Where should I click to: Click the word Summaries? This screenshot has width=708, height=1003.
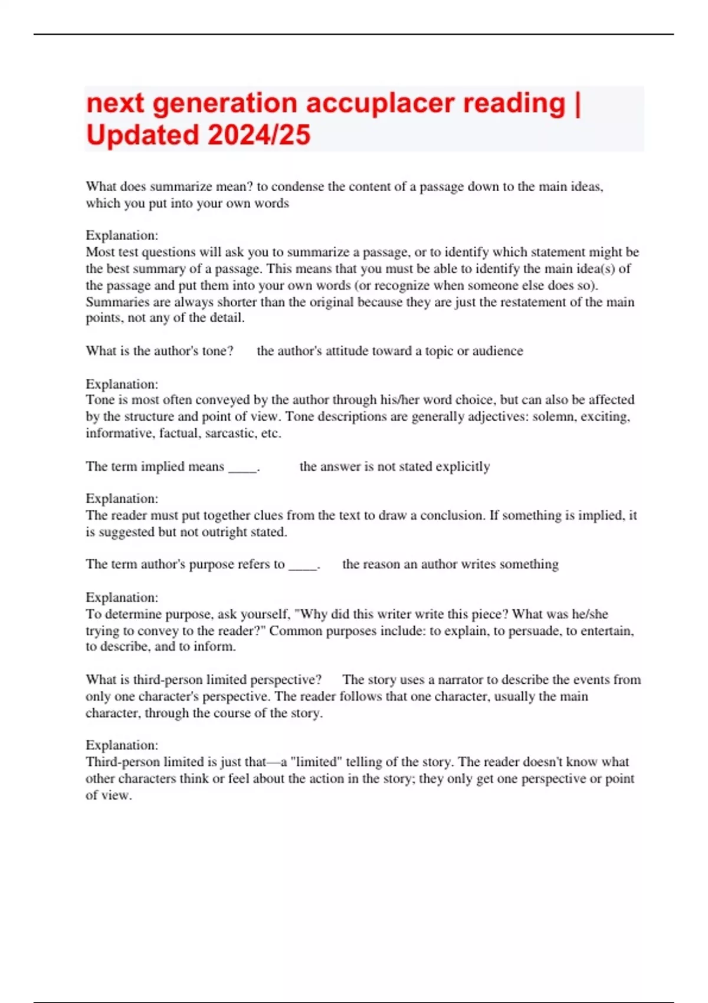pyautogui.click(x=112, y=302)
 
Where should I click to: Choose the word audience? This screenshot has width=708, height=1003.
pyautogui.click(x=497, y=351)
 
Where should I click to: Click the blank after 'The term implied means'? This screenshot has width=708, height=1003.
pyautogui.click(x=242, y=467)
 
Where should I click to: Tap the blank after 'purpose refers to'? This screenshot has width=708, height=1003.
pyautogui.click(x=303, y=565)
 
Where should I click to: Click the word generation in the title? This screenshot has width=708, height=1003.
pyautogui.click(x=225, y=103)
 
